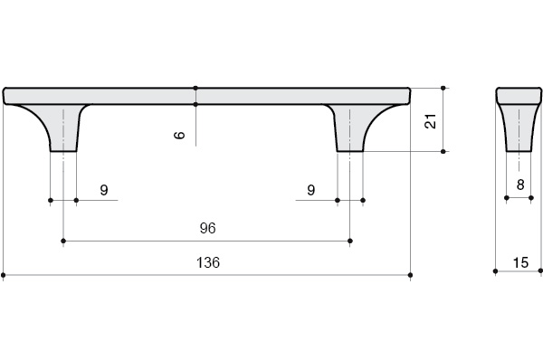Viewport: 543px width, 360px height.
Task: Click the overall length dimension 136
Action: [208, 262]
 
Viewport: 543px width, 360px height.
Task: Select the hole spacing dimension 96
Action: [208, 228]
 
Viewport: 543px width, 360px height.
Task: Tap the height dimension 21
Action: [431, 121]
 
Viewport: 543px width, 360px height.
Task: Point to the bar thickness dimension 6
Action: [179, 135]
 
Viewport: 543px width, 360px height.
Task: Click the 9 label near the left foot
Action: [104, 190]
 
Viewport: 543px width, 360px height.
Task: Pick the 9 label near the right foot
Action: [311, 190]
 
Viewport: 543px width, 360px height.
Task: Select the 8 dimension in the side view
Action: [520, 185]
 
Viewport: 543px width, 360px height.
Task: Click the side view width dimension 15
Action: [520, 262]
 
